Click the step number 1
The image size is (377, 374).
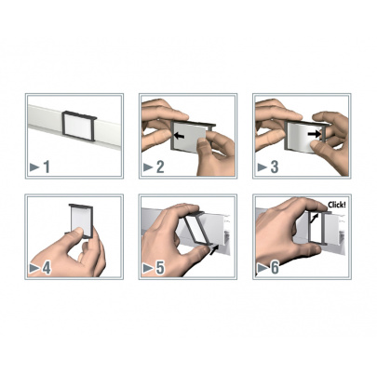coord(47,167)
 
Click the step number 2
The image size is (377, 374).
coord(160,167)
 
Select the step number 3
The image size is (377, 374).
coord(275,167)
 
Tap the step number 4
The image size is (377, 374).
coord(47,268)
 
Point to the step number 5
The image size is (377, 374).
coord(160,268)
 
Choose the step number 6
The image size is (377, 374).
coord(275,268)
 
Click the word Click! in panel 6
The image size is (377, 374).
coord(336,205)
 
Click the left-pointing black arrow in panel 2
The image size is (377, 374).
coord(179,136)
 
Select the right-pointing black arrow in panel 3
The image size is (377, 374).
coord(314,134)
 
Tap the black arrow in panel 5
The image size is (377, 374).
coord(214,249)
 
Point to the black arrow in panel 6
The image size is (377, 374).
coord(315,218)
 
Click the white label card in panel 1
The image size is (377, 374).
coord(77,127)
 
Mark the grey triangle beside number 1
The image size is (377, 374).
coord(34,167)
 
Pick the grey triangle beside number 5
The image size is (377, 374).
coord(148,269)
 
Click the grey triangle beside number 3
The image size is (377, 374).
coord(263,167)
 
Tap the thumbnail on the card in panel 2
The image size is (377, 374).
coord(202,143)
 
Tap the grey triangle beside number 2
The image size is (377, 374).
coord(148,167)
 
